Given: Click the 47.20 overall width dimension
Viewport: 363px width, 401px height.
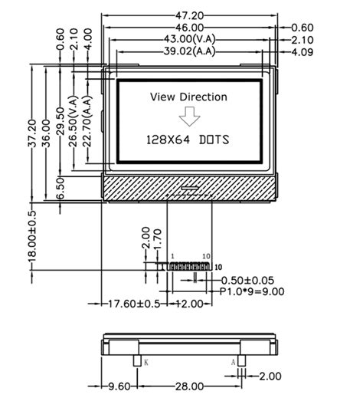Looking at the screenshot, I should [188, 15].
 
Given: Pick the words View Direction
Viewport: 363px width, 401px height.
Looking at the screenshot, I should [188, 97].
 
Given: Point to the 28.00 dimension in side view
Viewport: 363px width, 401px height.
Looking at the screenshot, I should [189, 387].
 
